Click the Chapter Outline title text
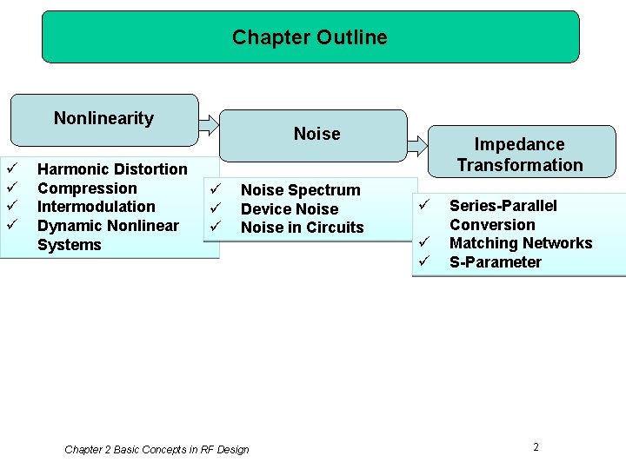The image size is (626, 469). (x=310, y=37)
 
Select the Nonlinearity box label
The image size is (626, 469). (x=103, y=118)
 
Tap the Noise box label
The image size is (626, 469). (x=316, y=134)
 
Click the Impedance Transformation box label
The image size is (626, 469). (x=519, y=155)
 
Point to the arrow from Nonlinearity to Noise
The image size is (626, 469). (x=209, y=124)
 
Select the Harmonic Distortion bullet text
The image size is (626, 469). (x=112, y=168)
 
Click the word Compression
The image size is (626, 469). (x=87, y=188)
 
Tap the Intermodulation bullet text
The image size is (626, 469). (x=96, y=207)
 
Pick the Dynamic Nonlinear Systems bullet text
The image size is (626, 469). (x=107, y=234)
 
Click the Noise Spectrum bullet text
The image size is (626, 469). (x=300, y=190)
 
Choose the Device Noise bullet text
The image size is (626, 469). (x=289, y=209)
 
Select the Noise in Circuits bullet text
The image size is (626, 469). (x=302, y=228)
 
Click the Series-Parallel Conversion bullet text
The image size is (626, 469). (x=503, y=215)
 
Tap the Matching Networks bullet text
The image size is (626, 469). (x=520, y=243)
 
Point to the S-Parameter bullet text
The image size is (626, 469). (x=495, y=262)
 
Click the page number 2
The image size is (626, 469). (x=536, y=447)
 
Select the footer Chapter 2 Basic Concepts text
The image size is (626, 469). (x=156, y=450)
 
